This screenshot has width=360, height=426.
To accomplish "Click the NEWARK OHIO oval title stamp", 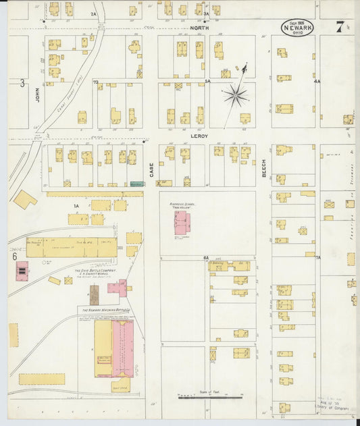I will tap(297, 28).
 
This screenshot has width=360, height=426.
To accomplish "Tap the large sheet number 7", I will tap(340, 27).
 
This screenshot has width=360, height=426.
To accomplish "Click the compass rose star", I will tap(236, 95).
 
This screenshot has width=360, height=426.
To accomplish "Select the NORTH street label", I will tap(199, 28).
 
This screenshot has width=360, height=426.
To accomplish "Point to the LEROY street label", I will tap(199, 136).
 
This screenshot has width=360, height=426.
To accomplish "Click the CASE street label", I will tap(151, 168).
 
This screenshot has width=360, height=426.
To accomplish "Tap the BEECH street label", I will tap(263, 168).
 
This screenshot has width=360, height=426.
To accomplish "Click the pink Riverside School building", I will tap(182, 222).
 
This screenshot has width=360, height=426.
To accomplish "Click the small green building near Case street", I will tap(137, 183).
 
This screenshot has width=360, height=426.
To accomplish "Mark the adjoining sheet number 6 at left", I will tap(14, 256).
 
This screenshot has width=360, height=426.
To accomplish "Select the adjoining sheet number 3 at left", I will tap(22, 83).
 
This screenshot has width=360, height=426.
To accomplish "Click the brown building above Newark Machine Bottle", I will tap(95, 294).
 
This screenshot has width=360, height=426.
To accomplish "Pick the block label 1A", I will tap(76, 205).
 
